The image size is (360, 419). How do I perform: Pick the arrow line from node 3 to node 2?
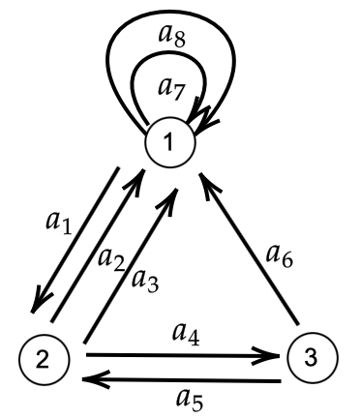click(184, 381)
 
